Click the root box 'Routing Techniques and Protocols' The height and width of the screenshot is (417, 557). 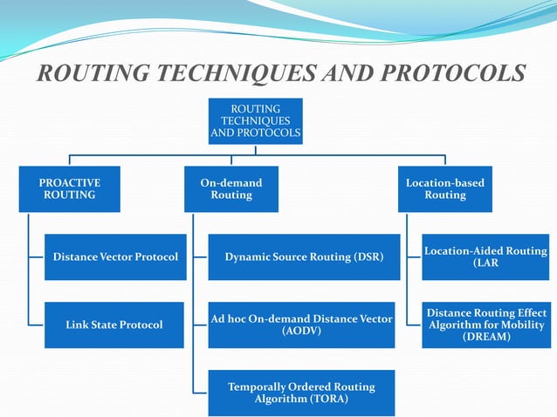coord(255,121)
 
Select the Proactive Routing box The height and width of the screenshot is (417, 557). coord(70,189)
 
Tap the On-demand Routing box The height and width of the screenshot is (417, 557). coord(231,189)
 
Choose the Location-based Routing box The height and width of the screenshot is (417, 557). coord(444,189)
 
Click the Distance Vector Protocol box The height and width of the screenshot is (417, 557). coord(115,257)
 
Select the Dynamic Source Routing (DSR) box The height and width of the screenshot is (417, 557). coord(301,257)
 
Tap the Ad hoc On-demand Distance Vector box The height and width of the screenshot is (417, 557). coord(301,325)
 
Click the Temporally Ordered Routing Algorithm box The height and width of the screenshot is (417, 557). coord(301,393)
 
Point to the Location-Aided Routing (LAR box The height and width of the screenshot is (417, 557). coord(485,257)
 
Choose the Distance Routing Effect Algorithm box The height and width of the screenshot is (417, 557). coord(485,325)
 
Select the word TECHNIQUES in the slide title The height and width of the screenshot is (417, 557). coord(233,74)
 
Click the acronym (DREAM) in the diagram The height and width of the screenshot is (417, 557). coord(486,337)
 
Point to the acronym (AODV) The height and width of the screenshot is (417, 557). coord(301,332)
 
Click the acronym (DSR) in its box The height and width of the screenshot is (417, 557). coord(364,257)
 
